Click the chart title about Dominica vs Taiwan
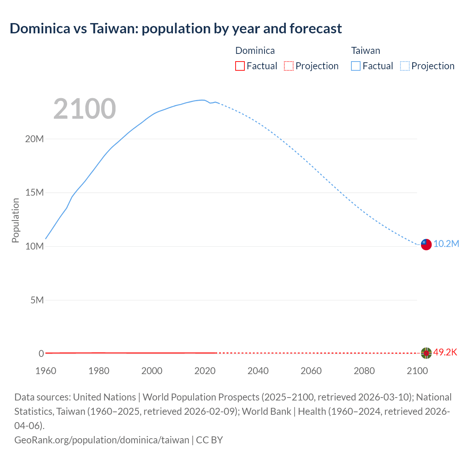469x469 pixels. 176,29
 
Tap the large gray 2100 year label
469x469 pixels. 85,109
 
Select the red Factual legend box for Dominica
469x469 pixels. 240,66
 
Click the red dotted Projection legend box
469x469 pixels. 289,66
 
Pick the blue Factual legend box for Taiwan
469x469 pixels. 356,66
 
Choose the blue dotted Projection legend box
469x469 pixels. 405,66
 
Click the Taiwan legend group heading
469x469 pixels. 366,51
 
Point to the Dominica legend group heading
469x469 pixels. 255,51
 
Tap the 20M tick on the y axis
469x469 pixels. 34,139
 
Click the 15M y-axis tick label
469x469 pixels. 34,193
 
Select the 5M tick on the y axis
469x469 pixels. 37,300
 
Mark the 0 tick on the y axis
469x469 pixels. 41,354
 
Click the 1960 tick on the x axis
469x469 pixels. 46,371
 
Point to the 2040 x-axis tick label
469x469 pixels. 258,371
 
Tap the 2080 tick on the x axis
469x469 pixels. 364,371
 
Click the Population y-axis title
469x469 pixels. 15,220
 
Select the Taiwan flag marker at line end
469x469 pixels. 426,244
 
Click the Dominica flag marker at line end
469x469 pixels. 426,353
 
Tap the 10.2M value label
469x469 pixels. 446,244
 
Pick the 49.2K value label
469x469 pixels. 445,352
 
